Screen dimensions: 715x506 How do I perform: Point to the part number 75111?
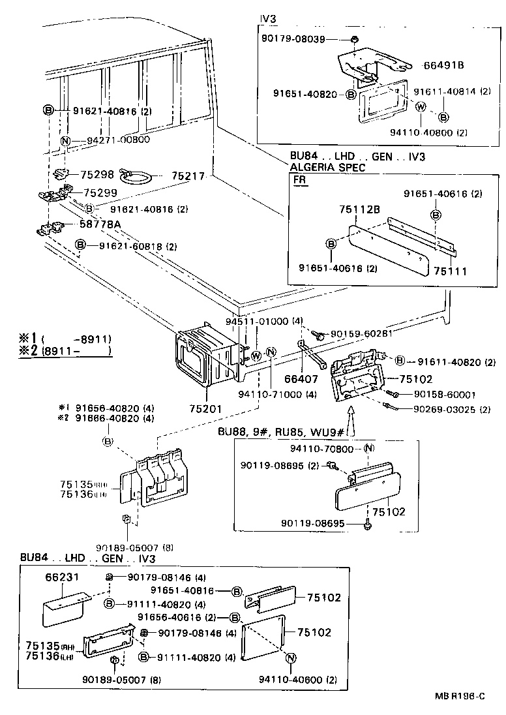tap(452, 270)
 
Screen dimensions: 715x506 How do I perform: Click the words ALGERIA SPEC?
tap(327, 167)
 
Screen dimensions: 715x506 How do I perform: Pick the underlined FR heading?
tap(300, 181)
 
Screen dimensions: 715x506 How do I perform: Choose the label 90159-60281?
tap(361, 334)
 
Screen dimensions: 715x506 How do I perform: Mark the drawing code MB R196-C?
tap(460, 696)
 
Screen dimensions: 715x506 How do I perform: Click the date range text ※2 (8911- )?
tap(65, 351)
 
